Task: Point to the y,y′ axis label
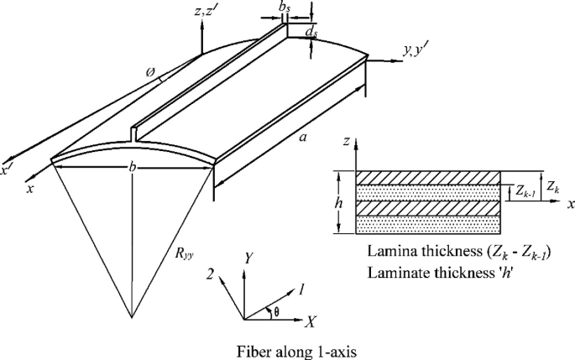[x=417, y=51]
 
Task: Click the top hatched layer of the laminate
[x=428, y=178]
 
